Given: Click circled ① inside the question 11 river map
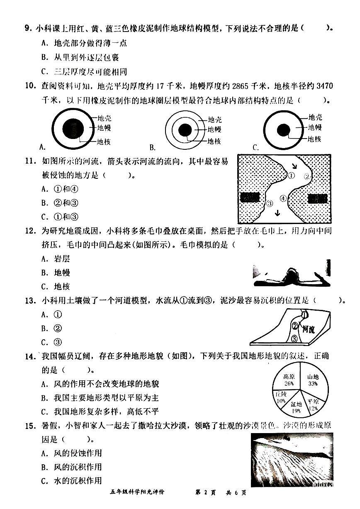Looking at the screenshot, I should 291,175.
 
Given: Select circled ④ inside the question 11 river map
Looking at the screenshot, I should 283,198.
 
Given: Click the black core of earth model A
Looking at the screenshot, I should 72,127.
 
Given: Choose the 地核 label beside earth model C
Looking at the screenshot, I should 314,139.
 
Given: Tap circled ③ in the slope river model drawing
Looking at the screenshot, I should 294,339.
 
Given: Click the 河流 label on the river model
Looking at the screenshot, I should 308,330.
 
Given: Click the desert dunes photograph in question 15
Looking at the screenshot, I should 292,459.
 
